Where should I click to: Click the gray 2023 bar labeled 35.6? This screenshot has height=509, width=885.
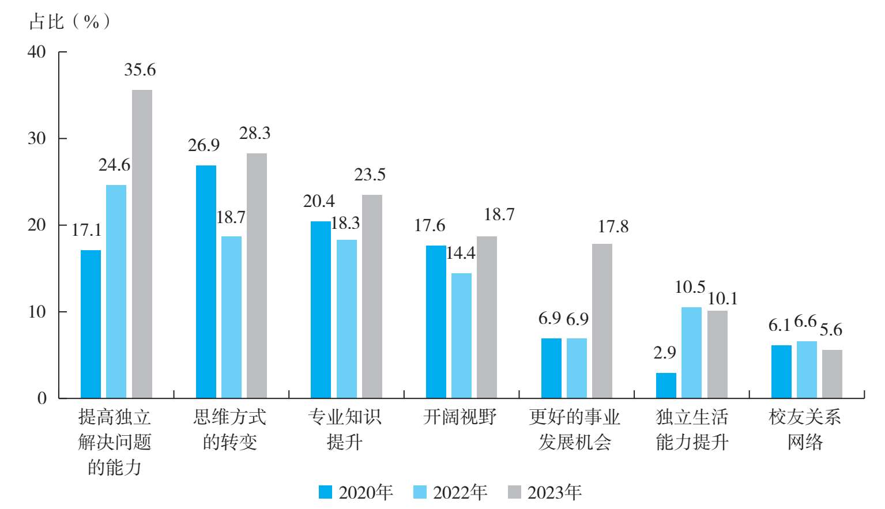point(142,244)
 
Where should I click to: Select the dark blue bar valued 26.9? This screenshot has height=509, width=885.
point(206,281)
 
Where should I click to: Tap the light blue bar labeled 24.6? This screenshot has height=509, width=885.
point(116,291)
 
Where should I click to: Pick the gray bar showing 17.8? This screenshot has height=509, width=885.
point(602,321)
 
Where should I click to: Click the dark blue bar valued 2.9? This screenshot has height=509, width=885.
point(666,385)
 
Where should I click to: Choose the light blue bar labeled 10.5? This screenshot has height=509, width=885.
point(691,352)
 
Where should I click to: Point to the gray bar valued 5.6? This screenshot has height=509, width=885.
point(832,374)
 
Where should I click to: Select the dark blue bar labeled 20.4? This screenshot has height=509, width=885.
point(321,310)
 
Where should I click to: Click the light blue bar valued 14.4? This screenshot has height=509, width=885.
point(461,335)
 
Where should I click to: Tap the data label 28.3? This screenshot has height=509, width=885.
point(255,133)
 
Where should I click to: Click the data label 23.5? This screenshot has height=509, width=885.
point(370,175)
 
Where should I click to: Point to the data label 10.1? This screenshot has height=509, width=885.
point(722,299)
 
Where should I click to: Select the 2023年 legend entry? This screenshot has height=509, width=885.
point(545,492)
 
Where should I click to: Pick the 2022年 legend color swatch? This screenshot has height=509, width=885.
point(420,492)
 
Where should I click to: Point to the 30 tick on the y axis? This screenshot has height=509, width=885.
point(37,138)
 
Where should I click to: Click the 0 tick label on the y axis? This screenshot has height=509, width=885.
point(42,398)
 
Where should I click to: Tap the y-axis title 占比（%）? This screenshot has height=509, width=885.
point(69,22)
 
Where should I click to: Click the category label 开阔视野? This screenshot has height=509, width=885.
point(460,417)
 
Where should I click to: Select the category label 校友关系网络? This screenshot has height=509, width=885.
point(805,429)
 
